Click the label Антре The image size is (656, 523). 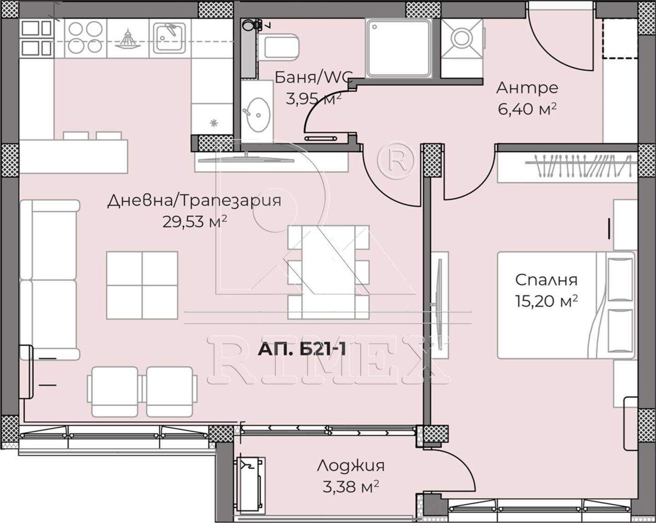point(527,88)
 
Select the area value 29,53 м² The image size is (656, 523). point(195,222)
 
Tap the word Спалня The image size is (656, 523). point(546,280)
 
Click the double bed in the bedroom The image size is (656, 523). point(566,305)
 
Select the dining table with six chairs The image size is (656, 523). point(328,272)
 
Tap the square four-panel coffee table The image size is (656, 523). point(142,285)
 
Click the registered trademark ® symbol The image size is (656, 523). point(396,160)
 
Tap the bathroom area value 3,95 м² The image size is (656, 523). point(313,99)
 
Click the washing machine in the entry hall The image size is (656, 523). point(462,38)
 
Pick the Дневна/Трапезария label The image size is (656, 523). point(194,201)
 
